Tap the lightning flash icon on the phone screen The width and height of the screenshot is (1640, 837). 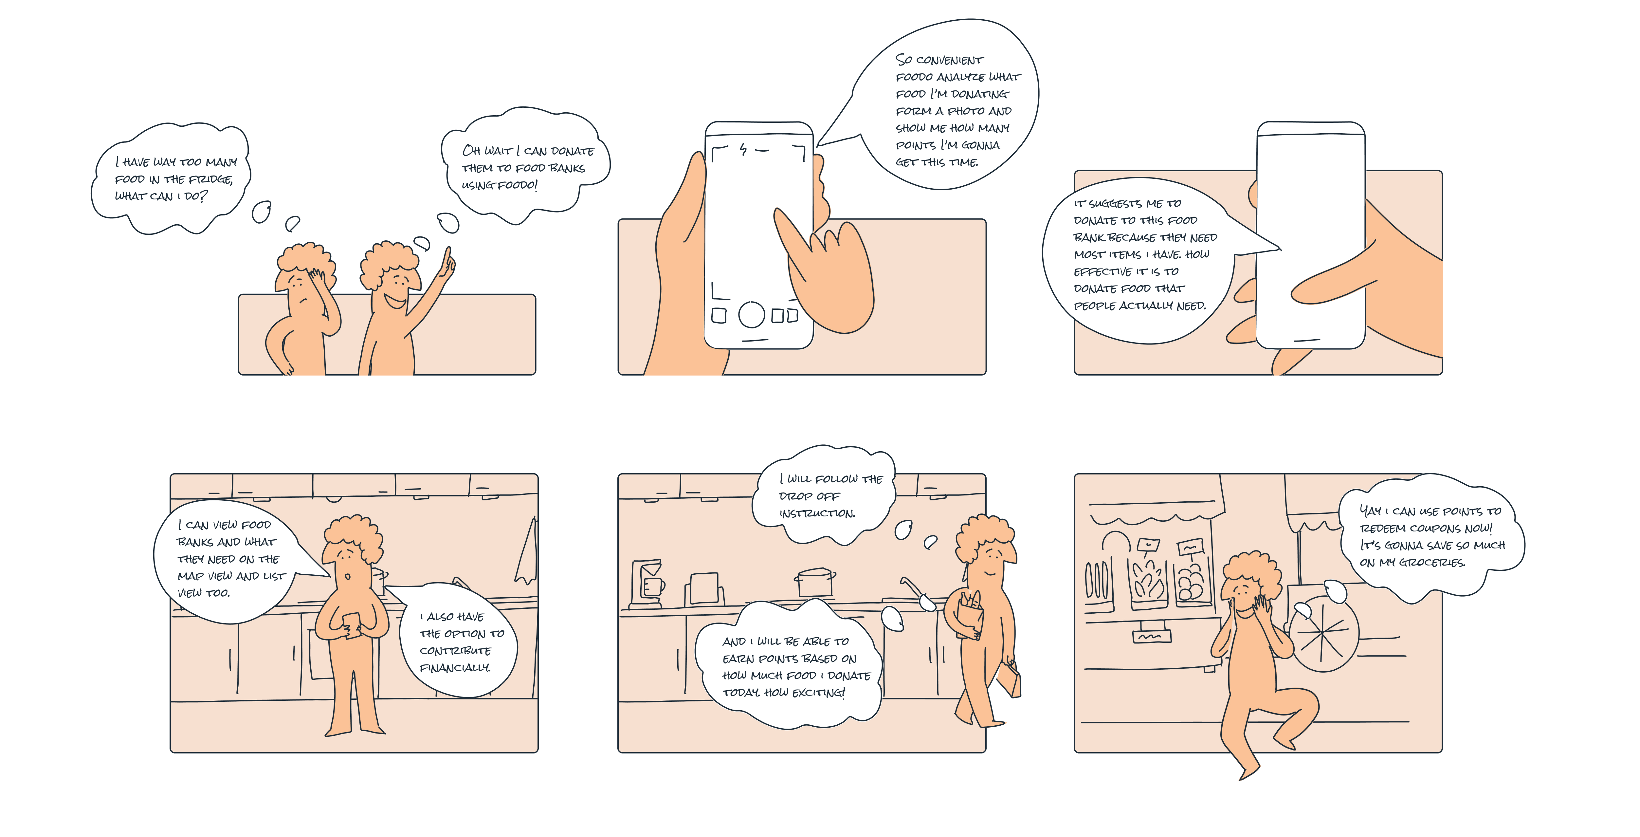click(x=742, y=150)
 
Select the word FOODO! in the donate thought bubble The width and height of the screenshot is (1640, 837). click(x=517, y=185)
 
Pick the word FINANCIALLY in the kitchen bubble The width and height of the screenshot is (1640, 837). click(x=455, y=668)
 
